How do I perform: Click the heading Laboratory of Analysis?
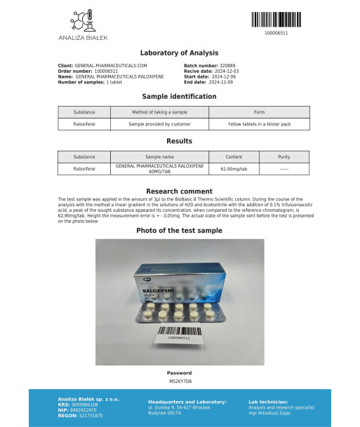click(x=180, y=53)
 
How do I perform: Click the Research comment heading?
click(x=180, y=191)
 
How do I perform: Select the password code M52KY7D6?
click(x=180, y=381)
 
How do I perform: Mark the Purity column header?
click(x=284, y=158)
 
